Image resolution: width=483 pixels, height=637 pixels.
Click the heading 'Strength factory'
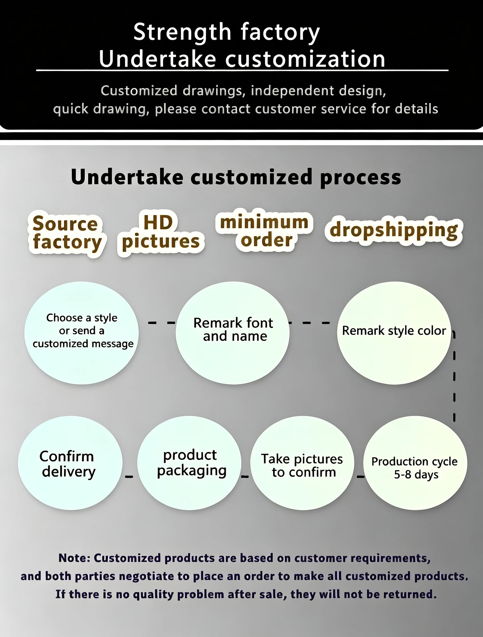[227, 32]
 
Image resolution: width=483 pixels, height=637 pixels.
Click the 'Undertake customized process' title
[236, 177]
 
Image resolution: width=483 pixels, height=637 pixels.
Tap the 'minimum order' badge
[264, 230]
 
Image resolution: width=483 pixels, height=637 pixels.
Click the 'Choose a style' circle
[82, 333]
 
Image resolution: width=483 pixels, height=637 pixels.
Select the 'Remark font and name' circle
[233, 333]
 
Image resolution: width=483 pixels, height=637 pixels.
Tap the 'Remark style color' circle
[394, 333]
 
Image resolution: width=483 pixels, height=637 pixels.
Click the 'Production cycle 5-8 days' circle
[415, 463]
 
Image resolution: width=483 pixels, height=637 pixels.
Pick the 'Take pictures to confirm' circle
[302, 463]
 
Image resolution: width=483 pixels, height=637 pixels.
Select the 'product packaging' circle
[189, 463]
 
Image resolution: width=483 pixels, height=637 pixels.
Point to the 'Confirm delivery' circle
[70, 463]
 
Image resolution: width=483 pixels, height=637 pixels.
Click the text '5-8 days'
[416, 475]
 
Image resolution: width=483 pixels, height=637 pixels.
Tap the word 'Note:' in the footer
[74, 558]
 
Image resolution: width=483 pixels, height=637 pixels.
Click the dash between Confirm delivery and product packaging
[129, 477]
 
